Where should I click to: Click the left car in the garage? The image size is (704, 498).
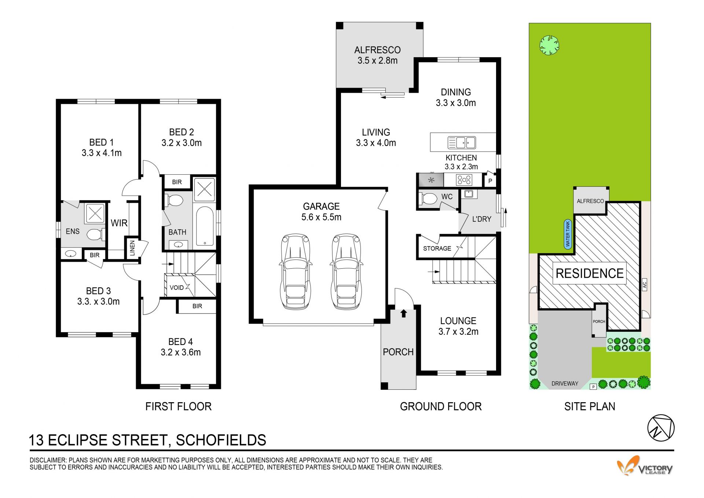click(x=295, y=272)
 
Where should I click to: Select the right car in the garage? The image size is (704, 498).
click(x=346, y=272)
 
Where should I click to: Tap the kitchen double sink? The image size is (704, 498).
click(x=462, y=142)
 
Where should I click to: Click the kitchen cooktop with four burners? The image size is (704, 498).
click(x=464, y=180)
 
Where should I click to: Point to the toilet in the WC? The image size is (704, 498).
click(x=428, y=199)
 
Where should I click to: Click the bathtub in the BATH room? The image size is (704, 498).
click(x=205, y=227)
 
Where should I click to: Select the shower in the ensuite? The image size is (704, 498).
click(x=95, y=213)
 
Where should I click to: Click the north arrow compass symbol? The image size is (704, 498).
click(x=661, y=428)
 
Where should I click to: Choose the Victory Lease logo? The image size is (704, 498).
click(x=645, y=466)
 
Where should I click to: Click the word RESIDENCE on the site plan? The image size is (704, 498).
click(x=590, y=273)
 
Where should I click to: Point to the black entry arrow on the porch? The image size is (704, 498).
click(x=404, y=313)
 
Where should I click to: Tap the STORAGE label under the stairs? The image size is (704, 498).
click(x=437, y=248)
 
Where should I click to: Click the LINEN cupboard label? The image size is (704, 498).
click(x=132, y=248)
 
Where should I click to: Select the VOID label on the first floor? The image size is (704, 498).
click(x=177, y=288)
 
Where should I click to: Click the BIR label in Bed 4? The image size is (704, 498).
click(x=197, y=306)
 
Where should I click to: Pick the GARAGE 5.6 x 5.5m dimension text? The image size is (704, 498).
click(x=321, y=212)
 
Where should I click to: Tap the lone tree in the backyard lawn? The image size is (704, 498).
click(x=549, y=45)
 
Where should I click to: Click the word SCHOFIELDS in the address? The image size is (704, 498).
click(x=221, y=440)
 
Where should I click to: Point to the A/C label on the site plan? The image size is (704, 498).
click(x=645, y=284)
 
